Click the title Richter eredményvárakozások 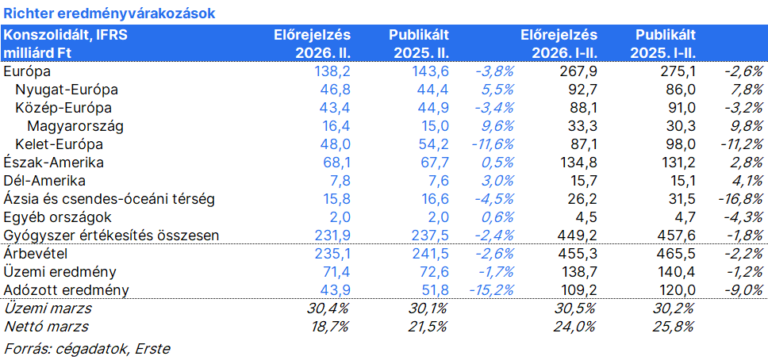coord(109,13)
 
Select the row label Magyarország coord(75,126)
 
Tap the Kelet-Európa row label coord(59,144)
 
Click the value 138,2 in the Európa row coord(333,72)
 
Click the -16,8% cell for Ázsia coord(739,199)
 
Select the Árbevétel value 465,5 coord(678,254)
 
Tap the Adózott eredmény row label coord(66,290)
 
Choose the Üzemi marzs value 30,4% coord(329,308)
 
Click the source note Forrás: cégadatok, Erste coord(86,349)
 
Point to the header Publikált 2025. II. coord(419,44)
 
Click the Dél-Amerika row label coord(44,181)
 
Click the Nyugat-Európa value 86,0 coord(682,90)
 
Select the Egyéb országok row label coord(57,217)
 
